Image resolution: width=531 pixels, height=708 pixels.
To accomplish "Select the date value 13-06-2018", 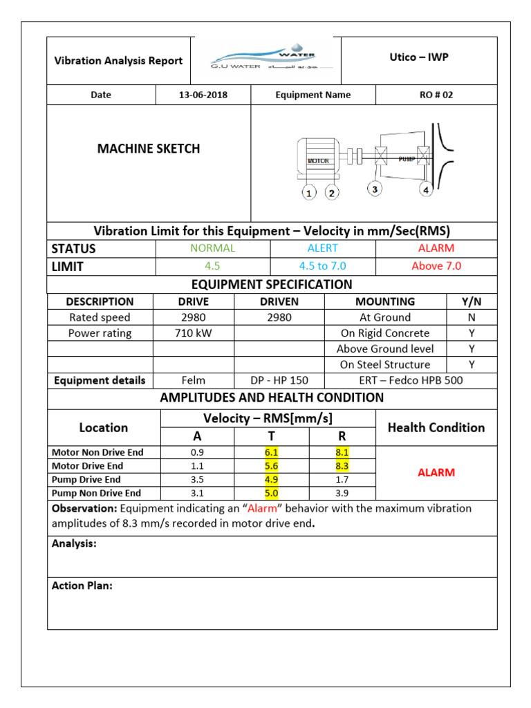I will [203, 95].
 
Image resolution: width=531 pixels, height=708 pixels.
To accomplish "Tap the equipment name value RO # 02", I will [436, 95].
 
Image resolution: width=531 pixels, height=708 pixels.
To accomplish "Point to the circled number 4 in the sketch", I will [426, 189].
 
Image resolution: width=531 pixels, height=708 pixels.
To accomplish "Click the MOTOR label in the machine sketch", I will [318, 160].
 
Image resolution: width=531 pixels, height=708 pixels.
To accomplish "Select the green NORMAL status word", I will [214, 248].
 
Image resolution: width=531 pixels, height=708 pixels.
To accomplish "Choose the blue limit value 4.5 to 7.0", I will [322, 265].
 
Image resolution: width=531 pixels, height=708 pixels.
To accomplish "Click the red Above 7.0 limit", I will [436, 265].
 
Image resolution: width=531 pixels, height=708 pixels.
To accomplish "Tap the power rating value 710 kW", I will [194, 333].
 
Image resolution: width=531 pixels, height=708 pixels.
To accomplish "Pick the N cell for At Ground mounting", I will [472, 317].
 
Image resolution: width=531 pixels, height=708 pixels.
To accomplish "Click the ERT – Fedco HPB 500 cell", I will [411, 380].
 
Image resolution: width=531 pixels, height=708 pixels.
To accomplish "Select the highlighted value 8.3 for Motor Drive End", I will [342, 466].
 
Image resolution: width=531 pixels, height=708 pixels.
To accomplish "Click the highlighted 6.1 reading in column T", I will [271, 452].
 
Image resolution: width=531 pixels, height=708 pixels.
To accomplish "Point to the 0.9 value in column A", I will [198, 452].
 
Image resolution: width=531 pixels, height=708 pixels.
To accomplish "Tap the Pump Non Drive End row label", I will [97, 493].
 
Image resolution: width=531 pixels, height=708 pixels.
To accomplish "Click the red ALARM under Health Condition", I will [436, 473].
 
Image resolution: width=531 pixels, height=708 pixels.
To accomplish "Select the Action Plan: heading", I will [82, 586].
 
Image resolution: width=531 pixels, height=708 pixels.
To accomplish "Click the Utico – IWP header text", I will [419, 57].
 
